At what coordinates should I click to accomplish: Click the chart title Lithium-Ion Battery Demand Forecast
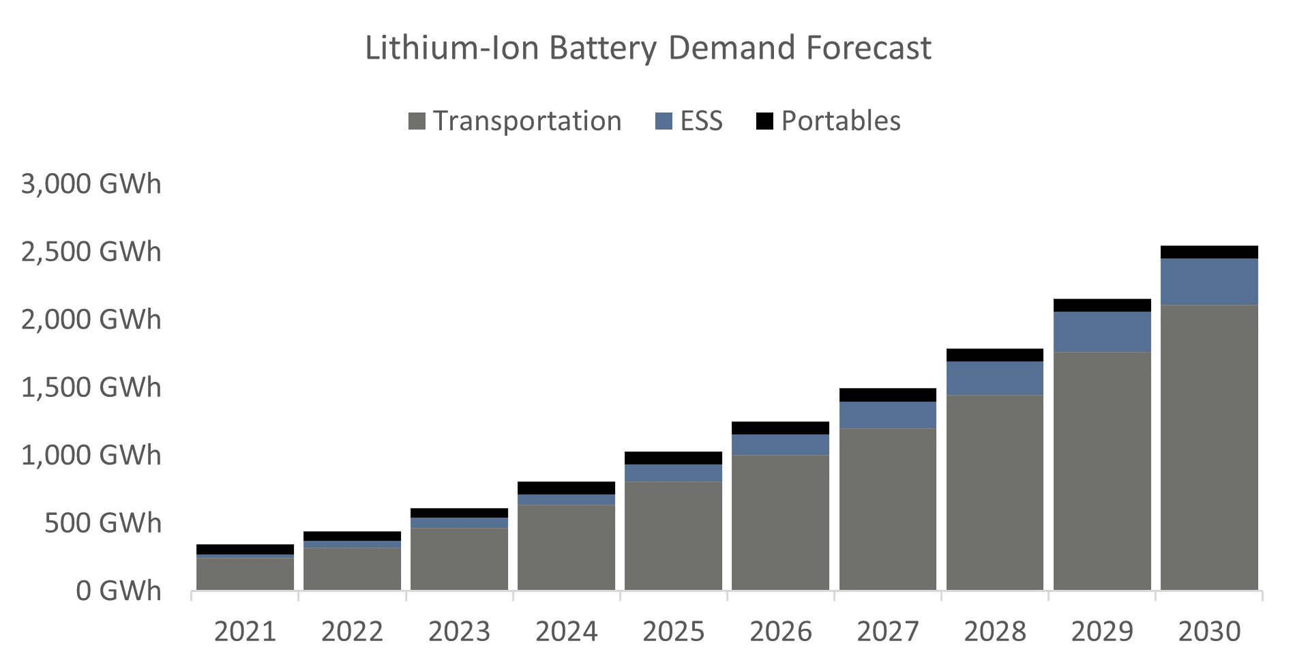(x=648, y=48)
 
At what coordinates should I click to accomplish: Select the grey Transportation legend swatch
(x=417, y=121)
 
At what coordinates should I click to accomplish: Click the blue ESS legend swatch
(x=664, y=121)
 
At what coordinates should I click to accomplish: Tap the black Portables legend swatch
(x=764, y=121)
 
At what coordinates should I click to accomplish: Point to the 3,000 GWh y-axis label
(x=91, y=184)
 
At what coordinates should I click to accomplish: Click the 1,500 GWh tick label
(x=91, y=387)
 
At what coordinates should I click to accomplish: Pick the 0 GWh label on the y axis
(x=118, y=591)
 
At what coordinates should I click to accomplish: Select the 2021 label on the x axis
(x=245, y=631)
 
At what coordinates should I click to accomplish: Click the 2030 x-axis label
(x=1209, y=631)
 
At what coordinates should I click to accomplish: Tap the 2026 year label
(x=780, y=631)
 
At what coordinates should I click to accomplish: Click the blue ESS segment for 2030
(x=1209, y=282)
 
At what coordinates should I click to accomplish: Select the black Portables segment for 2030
(x=1209, y=252)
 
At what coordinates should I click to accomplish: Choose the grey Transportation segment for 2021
(x=245, y=574)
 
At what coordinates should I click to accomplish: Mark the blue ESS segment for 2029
(x=1102, y=332)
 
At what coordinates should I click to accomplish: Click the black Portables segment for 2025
(x=673, y=458)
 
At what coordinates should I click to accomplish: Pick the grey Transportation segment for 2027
(x=887, y=509)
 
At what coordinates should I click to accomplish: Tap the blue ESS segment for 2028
(x=994, y=378)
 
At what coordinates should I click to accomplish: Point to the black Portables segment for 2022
(x=352, y=536)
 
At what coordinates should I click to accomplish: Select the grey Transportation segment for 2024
(x=566, y=547)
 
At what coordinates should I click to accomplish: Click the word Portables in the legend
(x=841, y=121)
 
